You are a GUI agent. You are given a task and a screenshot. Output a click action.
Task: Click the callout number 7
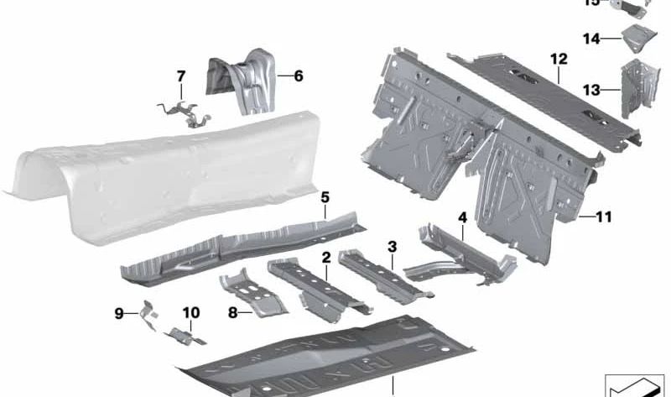(180, 77)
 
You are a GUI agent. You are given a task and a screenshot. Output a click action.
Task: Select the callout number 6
(298, 76)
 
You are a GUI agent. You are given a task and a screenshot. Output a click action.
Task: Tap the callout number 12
(559, 59)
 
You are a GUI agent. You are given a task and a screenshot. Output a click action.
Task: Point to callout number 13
(591, 90)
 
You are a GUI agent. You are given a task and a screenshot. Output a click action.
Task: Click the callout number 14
(591, 39)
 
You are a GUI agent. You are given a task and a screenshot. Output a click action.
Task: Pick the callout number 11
(604, 217)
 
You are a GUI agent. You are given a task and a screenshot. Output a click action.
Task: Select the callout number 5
(325, 197)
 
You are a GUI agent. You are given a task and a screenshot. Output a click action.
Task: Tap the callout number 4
(461, 217)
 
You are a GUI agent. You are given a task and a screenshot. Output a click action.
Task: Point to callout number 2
(325, 257)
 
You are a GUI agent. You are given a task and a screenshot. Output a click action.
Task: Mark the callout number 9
(119, 313)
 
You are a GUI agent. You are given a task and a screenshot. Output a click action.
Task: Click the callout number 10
(191, 313)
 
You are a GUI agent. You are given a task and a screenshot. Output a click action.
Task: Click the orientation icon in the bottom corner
(634, 383)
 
